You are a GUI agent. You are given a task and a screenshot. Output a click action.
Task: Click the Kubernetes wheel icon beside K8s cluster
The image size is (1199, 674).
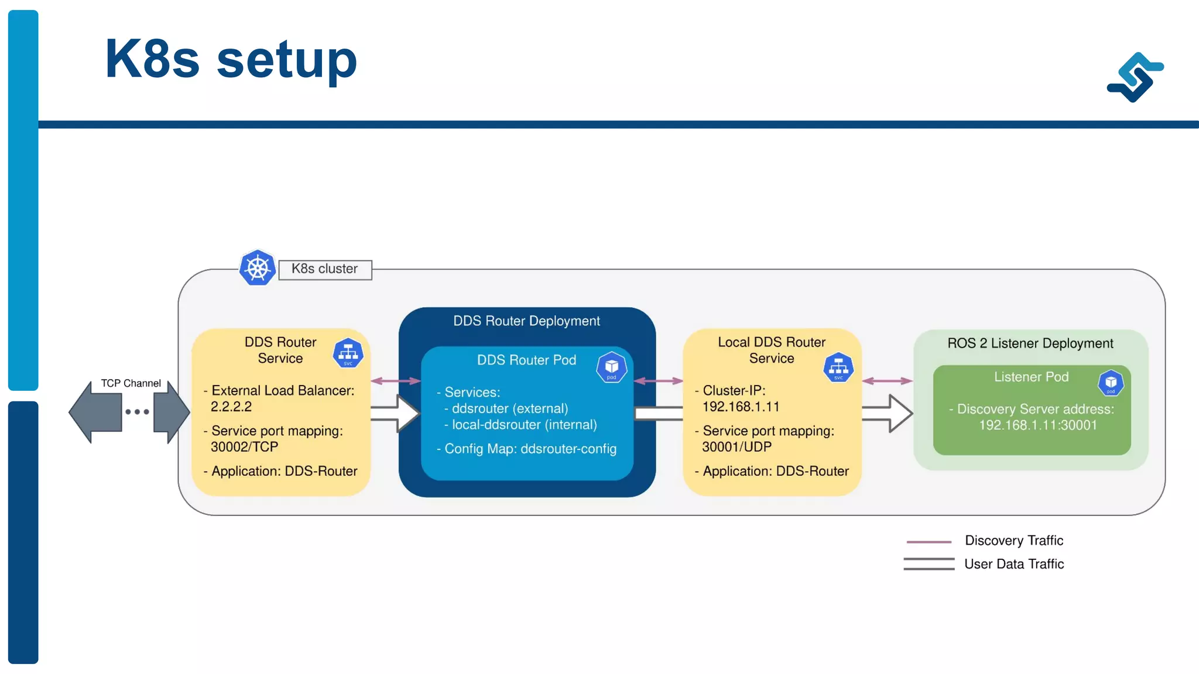pyautogui.click(x=258, y=268)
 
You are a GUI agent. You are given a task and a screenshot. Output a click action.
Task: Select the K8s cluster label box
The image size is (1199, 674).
pyautogui.click(x=325, y=269)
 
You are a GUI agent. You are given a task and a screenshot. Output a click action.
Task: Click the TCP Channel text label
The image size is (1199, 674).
pyautogui.click(x=131, y=383)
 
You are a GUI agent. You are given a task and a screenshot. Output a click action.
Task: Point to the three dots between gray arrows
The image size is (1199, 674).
pyautogui.click(x=137, y=412)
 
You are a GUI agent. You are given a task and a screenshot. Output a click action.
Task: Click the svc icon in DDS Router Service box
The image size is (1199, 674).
pyautogui.click(x=348, y=353)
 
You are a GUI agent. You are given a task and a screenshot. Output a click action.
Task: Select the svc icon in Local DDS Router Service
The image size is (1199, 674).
pyautogui.click(x=838, y=367)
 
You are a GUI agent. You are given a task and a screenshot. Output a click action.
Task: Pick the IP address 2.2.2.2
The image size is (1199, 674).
pyautogui.click(x=231, y=407)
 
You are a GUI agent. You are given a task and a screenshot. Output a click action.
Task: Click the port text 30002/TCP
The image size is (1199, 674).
pyautogui.click(x=244, y=447)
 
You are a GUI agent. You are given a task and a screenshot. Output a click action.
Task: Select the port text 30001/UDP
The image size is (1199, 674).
pyautogui.click(x=736, y=447)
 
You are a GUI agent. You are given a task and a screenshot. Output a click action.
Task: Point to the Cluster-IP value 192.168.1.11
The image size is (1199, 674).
pyautogui.click(x=741, y=407)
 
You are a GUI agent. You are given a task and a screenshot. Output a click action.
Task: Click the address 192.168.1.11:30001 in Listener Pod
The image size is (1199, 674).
pyautogui.click(x=1037, y=425)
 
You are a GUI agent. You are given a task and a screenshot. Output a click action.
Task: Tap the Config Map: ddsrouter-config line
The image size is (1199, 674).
pyautogui.click(x=530, y=449)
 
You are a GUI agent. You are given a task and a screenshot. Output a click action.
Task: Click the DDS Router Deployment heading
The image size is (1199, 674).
pyautogui.click(x=526, y=321)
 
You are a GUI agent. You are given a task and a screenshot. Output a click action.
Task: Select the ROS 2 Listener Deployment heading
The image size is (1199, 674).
pyautogui.click(x=1030, y=343)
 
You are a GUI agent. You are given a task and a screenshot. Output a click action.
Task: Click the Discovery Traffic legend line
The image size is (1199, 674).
pyautogui.click(x=929, y=542)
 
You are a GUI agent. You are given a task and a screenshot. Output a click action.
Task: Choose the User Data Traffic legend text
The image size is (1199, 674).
pyautogui.click(x=1013, y=564)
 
